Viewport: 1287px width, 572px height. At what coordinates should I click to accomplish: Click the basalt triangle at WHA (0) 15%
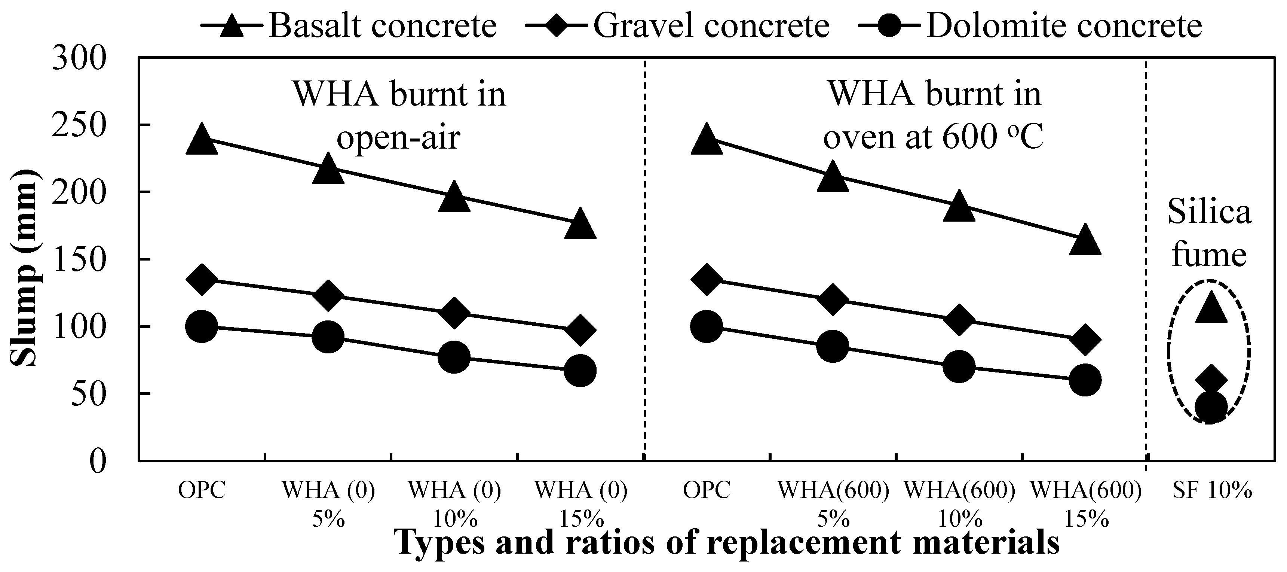(580, 224)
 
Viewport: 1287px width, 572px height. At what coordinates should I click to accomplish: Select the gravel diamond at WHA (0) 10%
(454, 313)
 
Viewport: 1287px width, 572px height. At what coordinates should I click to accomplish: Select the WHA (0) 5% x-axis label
(328, 504)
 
